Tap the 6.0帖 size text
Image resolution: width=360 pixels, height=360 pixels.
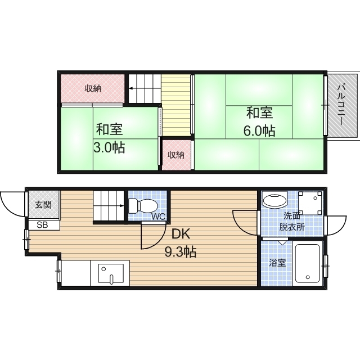point(259,130)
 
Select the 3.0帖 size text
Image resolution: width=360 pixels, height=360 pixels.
point(109,148)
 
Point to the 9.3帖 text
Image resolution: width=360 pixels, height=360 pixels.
point(180,252)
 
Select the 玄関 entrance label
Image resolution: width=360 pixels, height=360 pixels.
point(42,205)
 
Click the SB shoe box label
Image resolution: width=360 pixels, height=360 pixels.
point(42,225)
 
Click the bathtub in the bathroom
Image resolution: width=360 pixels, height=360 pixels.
point(308,263)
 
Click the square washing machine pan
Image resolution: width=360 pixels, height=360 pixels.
point(310,203)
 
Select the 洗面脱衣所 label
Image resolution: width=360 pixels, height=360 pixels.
point(292,222)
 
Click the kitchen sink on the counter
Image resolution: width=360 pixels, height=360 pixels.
point(110,273)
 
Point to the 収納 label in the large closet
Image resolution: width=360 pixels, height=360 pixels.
point(93,88)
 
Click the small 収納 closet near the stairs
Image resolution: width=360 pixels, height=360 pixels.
point(175,155)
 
